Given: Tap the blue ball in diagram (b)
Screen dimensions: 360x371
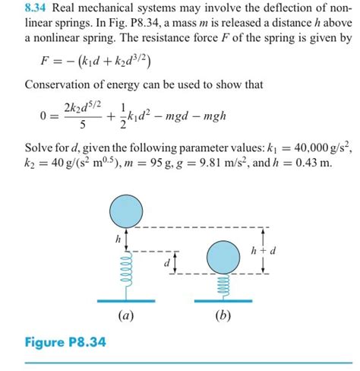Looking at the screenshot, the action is pos(222,256).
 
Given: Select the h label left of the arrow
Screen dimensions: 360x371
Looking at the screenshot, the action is pos(118,239).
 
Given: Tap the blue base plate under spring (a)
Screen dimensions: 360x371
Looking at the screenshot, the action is pos(126,302).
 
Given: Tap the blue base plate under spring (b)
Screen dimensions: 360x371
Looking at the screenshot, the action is pos(222,302).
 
